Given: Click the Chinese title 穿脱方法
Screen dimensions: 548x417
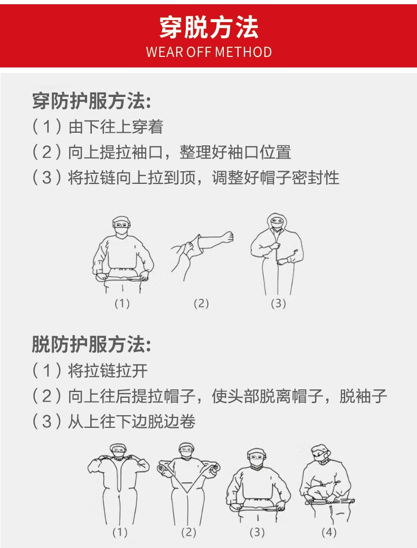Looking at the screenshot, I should pyautogui.click(x=209, y=27).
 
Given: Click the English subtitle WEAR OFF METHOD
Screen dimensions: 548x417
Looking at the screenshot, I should pyautogui.click(x=209, y=52).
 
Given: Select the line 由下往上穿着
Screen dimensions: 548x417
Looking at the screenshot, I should pyautogui.click(x=116, y=126).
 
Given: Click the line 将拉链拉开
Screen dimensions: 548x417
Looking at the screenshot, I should pyautogui.click(x=108, y=370).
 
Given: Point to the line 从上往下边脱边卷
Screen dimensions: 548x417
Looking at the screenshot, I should pyautogui.click(x=131, y=422).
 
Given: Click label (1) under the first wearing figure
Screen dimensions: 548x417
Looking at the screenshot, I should pyautogui.click(x=122, y=304).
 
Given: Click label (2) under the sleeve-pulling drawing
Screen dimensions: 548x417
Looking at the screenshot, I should pyautogui.click(x=201, y=304).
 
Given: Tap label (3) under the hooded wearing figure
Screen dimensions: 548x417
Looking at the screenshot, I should pyautogui.click(x=278, y=304).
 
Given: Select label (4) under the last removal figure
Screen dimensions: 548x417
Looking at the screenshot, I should pyautogui.click(x=328, y=532).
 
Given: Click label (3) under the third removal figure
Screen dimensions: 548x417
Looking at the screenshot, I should pyautogui.click(x=257, y=532).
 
